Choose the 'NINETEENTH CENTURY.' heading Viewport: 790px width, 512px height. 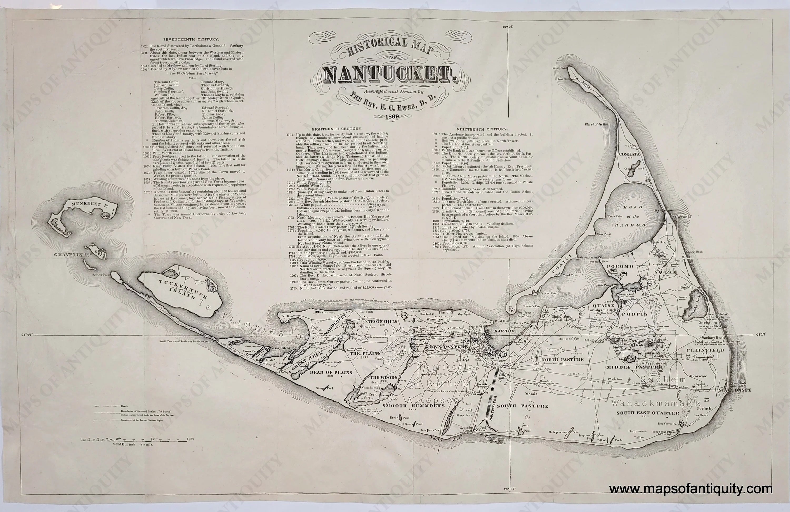[x=482, y=129]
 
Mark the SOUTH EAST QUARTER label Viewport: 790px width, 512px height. [x=648, y=413]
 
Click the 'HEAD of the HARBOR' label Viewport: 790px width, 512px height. [x=633, y=216]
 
